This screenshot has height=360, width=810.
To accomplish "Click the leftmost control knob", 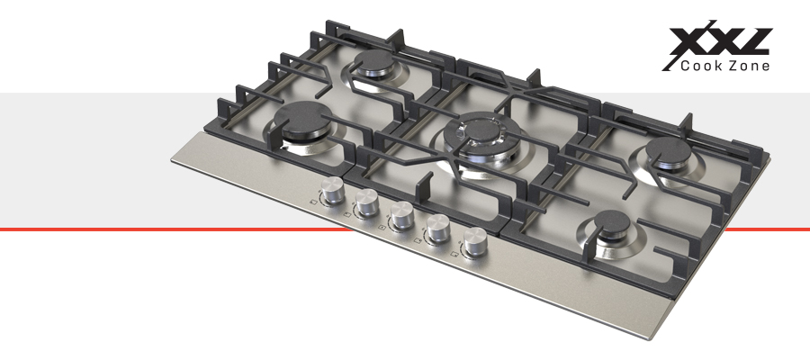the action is tap(333, 191).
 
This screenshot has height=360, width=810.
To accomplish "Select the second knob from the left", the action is tap(367, 202).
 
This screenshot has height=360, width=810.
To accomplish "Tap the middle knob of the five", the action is tap(401, 216).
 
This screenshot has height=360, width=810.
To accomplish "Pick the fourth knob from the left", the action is tap(438, 229).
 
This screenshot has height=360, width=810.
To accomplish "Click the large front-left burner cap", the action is tap(302, 120).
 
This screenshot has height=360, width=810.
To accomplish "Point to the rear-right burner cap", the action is tap(670, 150).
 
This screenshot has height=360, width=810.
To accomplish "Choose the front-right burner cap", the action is tap(612, 223).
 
